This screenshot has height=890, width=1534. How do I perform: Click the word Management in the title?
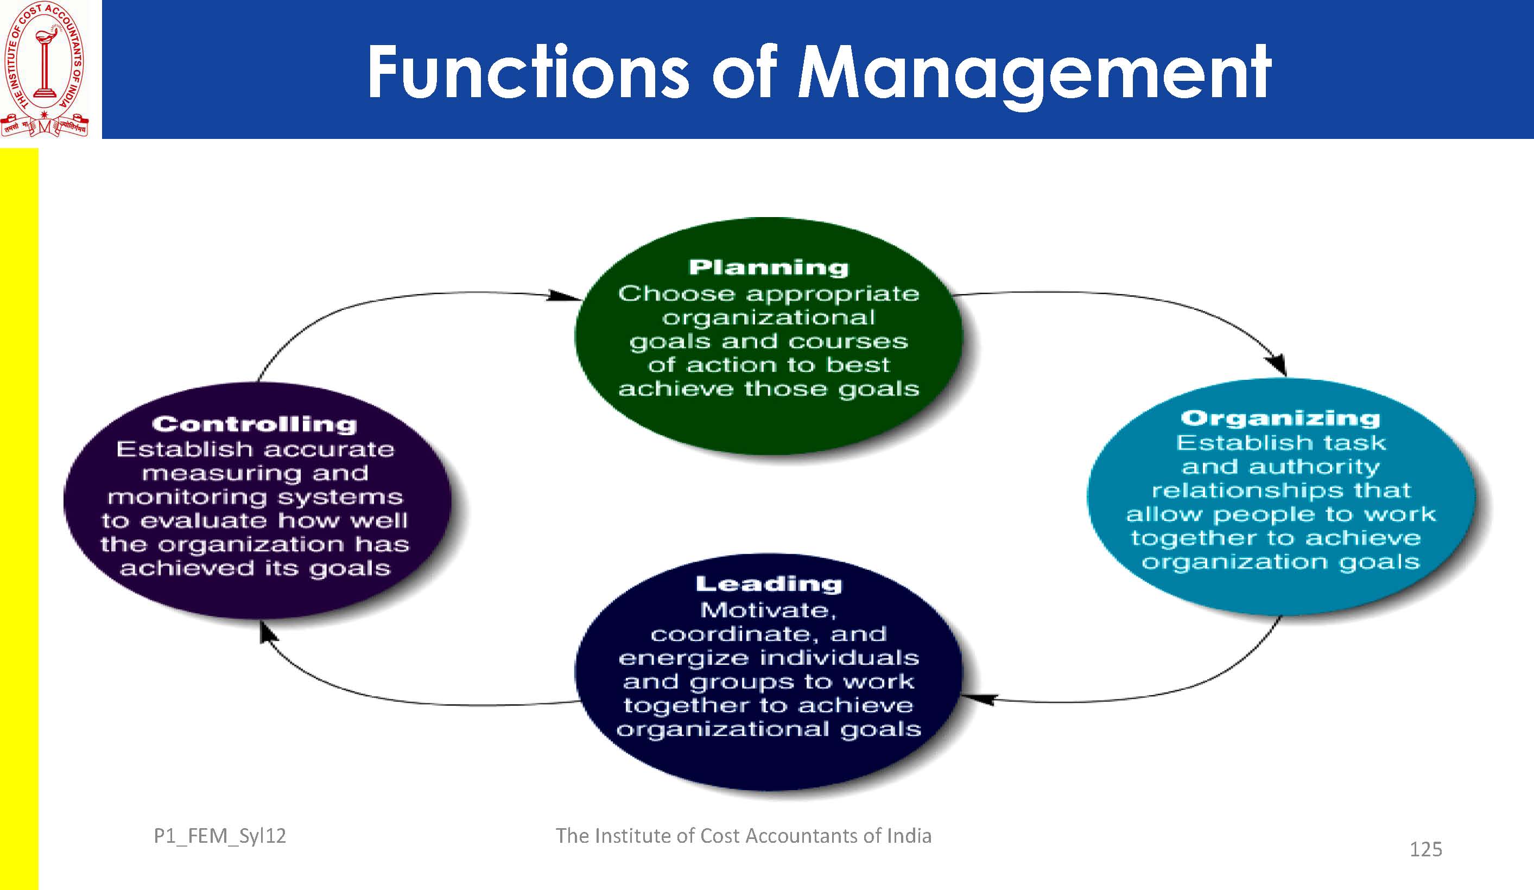pyautogui.click(x=1034, y=73)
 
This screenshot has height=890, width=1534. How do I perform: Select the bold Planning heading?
pyautogui.click(x=768, y=267)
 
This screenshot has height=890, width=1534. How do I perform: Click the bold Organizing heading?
pyautogui.click(x=1280, y=418)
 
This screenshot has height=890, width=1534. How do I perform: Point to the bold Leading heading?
pyautogui.click(x=769, y=584)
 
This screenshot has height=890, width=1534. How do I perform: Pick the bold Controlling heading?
pyautogui.click(x=255, y=424)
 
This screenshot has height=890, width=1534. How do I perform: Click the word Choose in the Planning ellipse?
pyautogui.click(x=677, y=294)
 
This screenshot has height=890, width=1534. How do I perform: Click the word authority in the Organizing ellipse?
pyautogui.click(x=1314, y=467)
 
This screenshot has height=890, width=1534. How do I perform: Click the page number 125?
pyautogui.click(x=1425, y=849)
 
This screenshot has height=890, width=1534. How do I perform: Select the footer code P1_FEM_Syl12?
pyautogui.click(x=220, y=836)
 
